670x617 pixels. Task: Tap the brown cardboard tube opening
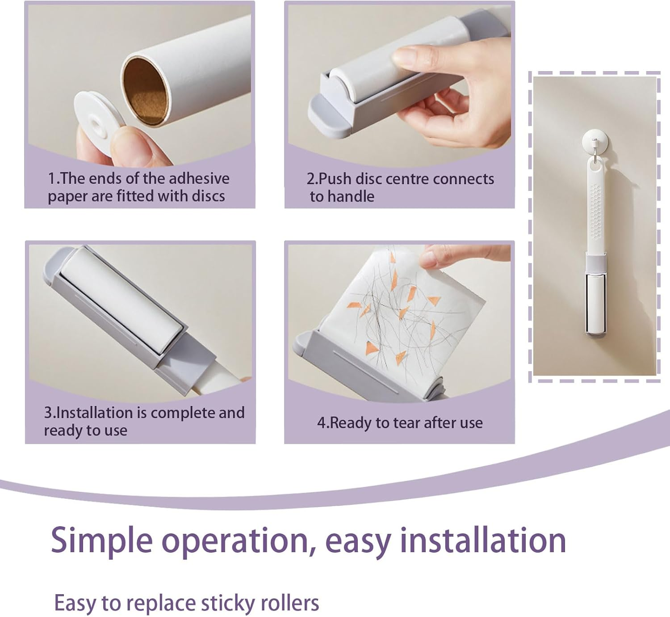tap(144, 91)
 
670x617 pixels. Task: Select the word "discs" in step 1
tap(209, 196)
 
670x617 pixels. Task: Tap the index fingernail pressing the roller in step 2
tap(405, 55)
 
